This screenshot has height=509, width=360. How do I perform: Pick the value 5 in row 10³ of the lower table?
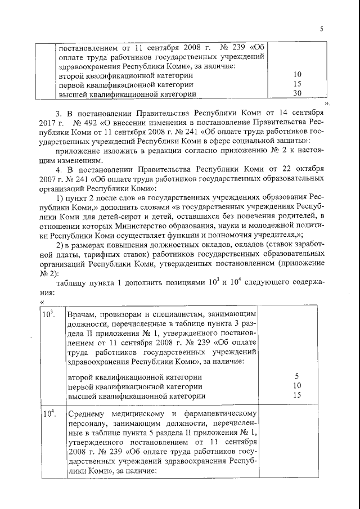click(298, 376)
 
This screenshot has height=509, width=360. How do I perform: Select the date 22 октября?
click(307, 168)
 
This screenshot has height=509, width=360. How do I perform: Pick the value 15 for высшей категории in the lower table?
click(298, 395)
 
